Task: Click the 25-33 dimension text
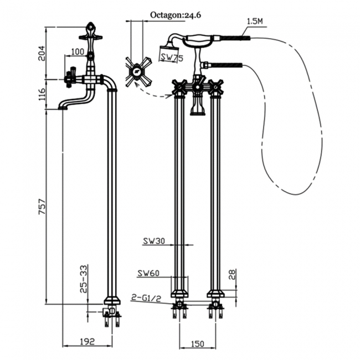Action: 83,279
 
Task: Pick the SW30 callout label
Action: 155,241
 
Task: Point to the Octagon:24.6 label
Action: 175,16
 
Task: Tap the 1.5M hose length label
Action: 254,20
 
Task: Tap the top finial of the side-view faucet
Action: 90,27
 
